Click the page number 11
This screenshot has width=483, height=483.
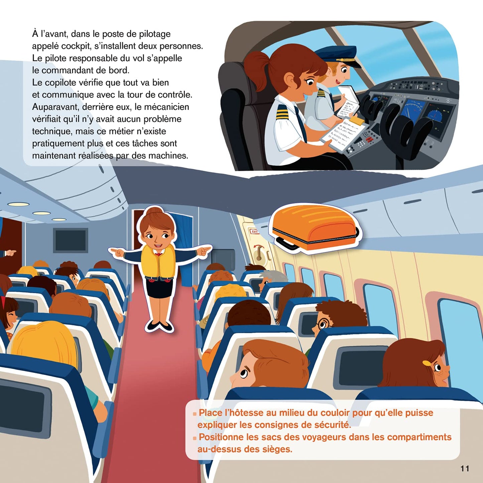pos(465,468)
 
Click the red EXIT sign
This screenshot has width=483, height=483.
pos(255,231)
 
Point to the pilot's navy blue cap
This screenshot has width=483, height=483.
pos(338,54)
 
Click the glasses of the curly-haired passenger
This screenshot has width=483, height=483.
pos(323,324)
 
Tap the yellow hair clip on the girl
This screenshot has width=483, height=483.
pos(427,363)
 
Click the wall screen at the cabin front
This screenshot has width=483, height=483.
pos(70,240)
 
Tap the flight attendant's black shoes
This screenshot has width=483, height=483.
pos(160,325)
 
